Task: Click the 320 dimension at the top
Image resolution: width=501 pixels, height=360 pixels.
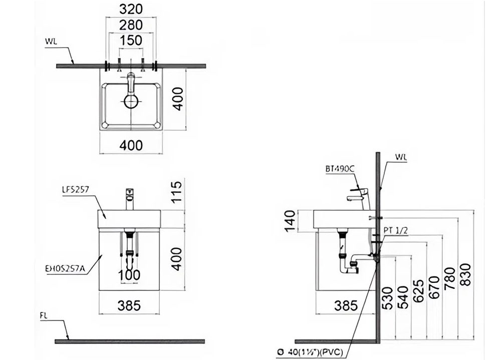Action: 131,9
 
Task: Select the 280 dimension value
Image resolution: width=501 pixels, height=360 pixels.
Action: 131,25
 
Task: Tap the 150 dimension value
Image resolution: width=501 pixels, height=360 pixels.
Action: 131,40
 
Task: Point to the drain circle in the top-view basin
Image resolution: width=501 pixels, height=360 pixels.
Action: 131,102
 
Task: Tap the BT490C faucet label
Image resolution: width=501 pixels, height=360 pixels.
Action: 339,169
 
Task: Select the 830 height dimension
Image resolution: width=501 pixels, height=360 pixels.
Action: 465,274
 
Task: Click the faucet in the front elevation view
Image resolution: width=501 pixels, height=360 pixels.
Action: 130,199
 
